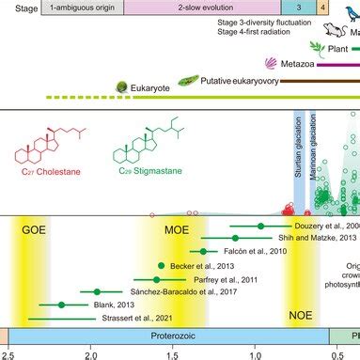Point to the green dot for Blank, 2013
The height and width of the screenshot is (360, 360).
point(62,305)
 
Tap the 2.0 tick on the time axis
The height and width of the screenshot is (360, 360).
point(90,354)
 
